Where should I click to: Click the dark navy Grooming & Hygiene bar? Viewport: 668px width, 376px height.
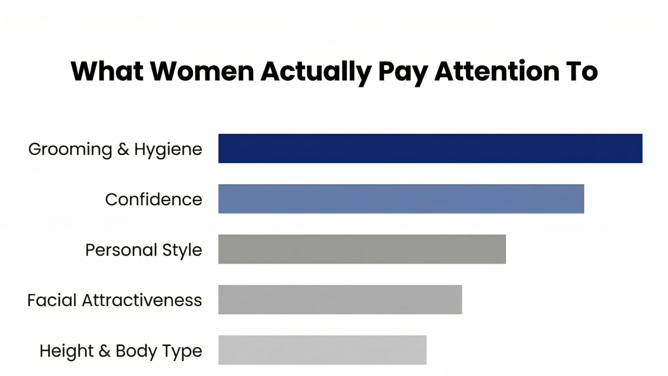pos(430,148)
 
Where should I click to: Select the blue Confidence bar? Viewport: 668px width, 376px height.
pos(401,199)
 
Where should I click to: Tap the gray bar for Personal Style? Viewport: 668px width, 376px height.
pos(362,249)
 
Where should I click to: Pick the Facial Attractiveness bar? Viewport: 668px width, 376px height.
pos(340,299)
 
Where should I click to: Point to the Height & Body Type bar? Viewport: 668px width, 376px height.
pos(322,350)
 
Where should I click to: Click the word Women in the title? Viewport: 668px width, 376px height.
pos(202,71)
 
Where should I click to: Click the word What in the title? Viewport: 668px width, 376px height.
pos(107,71)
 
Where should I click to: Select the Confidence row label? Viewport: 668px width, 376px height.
pos(153,200)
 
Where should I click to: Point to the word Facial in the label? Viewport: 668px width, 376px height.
pos(52,300)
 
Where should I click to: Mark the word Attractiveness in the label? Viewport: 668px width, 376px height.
pos(142,300)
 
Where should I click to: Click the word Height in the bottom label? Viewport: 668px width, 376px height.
pos(66,351)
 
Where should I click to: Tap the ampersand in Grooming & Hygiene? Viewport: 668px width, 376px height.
pos(123,149)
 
